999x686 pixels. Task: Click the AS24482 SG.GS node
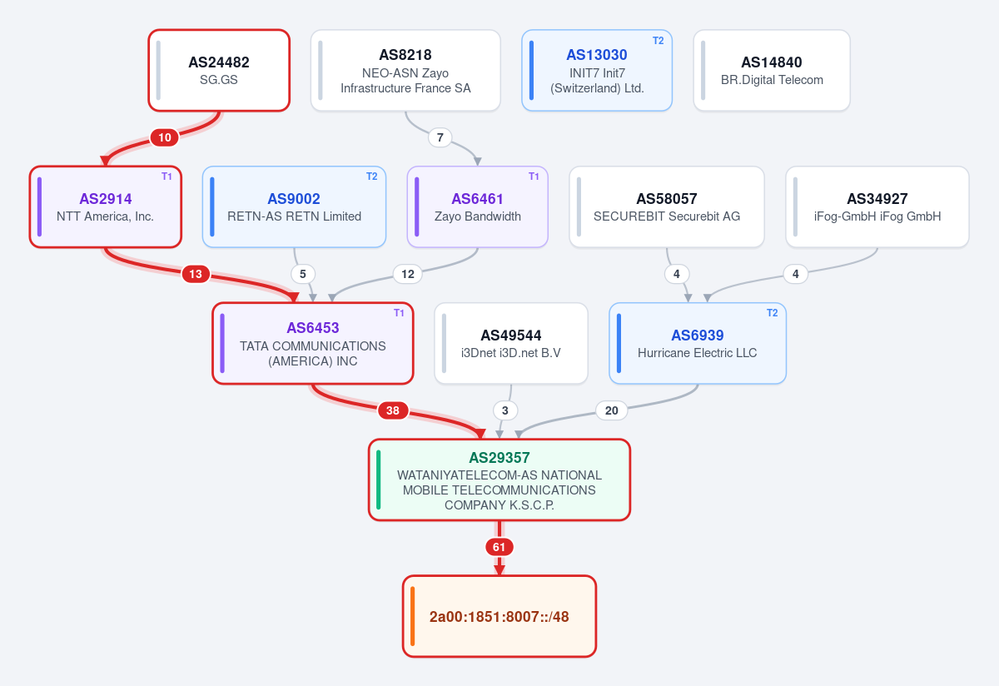(x=219, y=71)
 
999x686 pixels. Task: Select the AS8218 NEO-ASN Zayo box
(x=405, y=71)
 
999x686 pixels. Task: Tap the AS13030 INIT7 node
(x=597, y=71)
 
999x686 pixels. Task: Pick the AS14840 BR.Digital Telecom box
(x=772, y=71)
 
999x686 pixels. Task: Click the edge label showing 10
(x=165, y=137)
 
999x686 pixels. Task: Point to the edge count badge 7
(x=440, y=137)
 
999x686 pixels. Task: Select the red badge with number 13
(x=196, y=274)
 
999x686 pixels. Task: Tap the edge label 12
(x=408, y=274)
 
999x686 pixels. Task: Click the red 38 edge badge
(x=392, y=410)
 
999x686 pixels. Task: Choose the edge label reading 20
(x=611, y=410)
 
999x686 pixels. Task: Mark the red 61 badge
(x=499, y=547)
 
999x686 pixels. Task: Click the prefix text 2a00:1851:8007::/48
(x=499, y=617)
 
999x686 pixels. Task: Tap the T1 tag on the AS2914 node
(x=166, y=176)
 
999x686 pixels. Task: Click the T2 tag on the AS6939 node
(x=772, y=313)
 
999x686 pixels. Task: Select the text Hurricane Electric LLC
(x=697, y=353)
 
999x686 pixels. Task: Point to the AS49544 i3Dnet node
(x=511, y=344)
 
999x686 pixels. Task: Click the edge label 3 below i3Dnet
(x=504, y=410)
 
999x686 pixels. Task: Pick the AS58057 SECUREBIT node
(x=667, y=207)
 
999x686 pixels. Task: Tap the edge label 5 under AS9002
(x=303, y=274)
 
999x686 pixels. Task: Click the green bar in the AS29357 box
(x=379, y=480)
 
